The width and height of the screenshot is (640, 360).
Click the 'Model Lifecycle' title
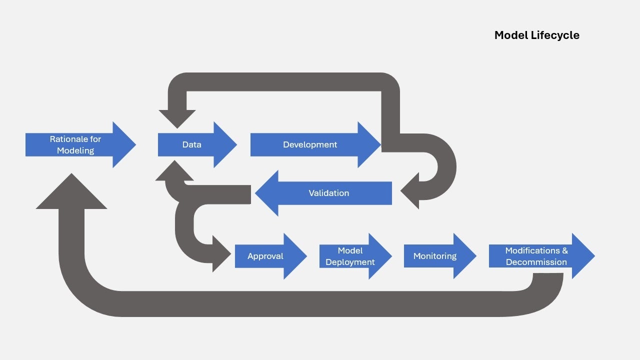[x=536, y=35]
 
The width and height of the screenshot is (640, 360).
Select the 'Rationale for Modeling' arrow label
[x=75, y=145]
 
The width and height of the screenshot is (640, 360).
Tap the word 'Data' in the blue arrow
[x=191, y=144]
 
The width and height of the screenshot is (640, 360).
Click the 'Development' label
[x=310, y=144]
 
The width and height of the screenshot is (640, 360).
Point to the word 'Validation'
[x=328, y=193]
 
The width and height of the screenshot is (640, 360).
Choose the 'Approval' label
[x=265, y=256]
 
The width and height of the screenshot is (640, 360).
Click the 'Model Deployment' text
[x=350, y=256]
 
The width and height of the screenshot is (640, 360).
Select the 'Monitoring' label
[x=434, y=256]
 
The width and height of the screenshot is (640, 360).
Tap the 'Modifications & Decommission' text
[x=536, y=256]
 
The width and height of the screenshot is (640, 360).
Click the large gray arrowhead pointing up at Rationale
[x=71, y=192]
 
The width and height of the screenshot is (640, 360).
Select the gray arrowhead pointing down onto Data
[x=177, y=119]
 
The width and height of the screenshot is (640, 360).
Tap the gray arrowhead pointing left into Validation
[x=410, y=190]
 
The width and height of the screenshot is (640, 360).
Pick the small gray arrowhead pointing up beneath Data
[x=174, y=170]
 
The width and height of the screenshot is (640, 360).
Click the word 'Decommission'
[x=536, y=262]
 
